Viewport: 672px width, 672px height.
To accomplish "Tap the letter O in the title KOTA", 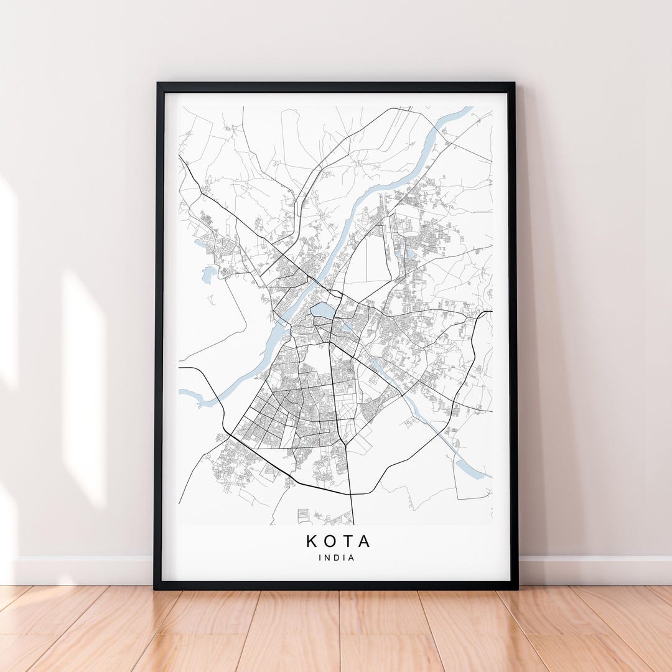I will click(330, 541).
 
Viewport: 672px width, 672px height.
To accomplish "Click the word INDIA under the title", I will click(337, 558).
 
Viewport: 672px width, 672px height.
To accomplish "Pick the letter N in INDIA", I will click(327, 558).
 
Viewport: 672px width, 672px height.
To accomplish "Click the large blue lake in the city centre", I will click(323, 310).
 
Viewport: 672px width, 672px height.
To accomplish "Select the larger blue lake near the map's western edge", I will click(208, 274).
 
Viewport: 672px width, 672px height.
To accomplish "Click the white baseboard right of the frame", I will click(594, 570).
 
